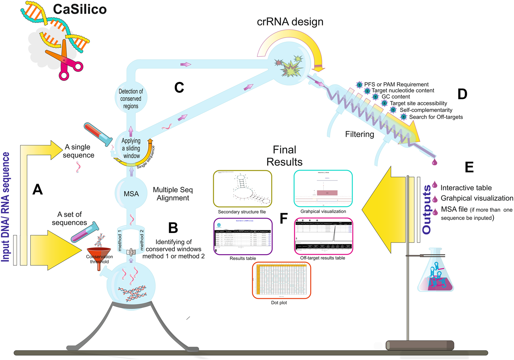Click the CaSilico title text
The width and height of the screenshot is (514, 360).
click(80, 9)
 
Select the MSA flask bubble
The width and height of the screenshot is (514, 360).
click(131, 194)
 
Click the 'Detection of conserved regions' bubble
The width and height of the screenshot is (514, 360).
click(131, 99)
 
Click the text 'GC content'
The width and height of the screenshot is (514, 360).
click(396, 97)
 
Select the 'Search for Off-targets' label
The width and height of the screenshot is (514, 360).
click(436, 117)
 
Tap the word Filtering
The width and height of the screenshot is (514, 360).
click(359, 134)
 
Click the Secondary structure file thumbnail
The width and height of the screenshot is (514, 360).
click(242, 189)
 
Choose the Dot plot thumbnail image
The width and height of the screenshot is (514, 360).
click(281, 280)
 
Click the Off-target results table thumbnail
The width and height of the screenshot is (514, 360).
click(324, 236)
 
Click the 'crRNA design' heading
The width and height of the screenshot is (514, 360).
click(290, 22)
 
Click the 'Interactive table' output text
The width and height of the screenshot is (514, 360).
click(466, 188)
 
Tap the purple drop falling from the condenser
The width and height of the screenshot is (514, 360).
click(435, 162)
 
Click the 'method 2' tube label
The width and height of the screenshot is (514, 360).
click(142, 239)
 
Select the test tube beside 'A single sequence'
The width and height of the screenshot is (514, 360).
click(98, 134)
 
